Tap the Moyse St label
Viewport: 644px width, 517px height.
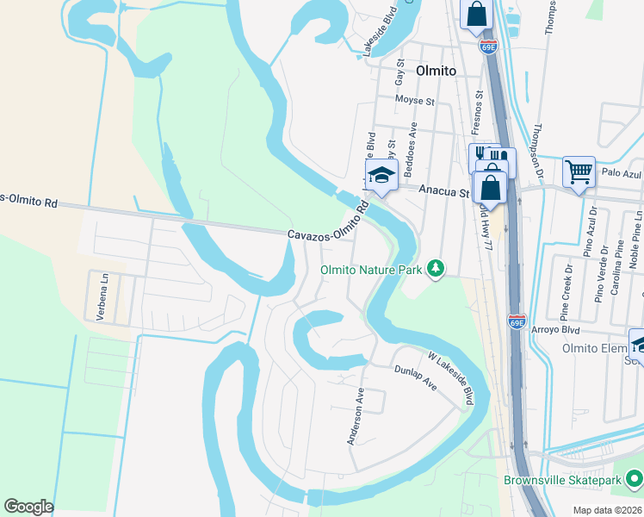415,101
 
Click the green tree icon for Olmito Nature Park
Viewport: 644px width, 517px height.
437,269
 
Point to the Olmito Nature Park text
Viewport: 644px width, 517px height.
371,270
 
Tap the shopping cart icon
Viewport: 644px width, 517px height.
579,171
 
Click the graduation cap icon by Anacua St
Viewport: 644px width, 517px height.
380,176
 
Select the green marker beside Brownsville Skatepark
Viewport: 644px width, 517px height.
634,477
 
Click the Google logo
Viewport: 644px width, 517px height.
28,507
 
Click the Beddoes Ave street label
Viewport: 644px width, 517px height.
413,143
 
